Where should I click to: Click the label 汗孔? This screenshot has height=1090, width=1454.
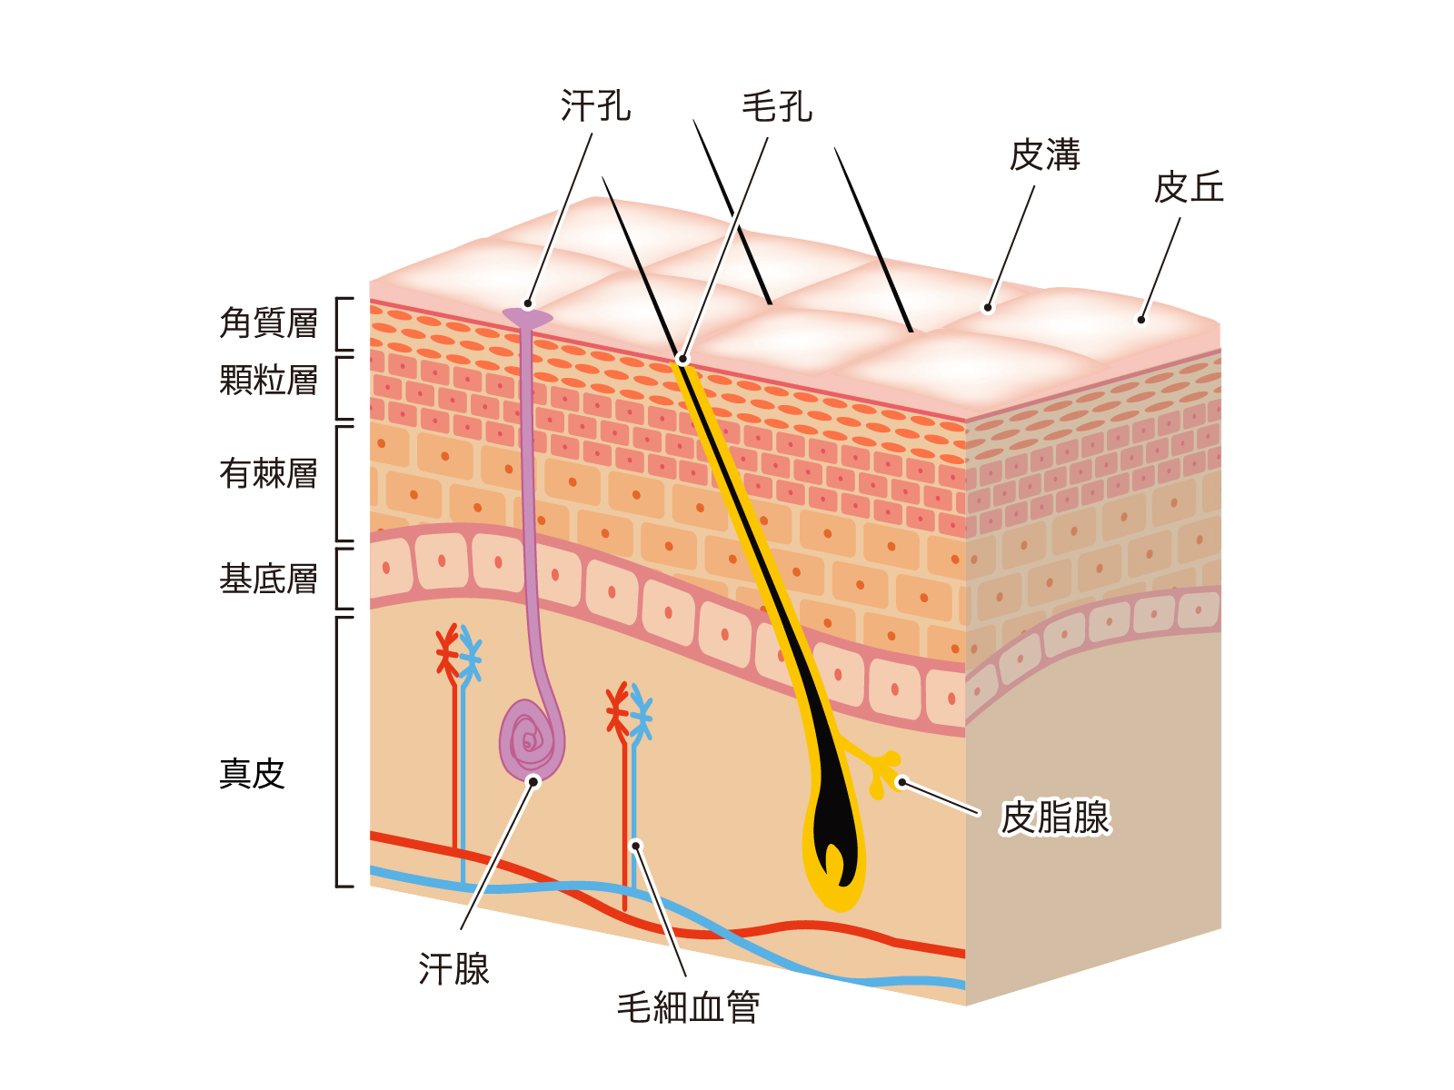[595, 106]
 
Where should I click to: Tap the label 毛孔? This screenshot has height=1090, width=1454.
[777, 107]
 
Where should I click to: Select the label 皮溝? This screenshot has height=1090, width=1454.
[1045, 155]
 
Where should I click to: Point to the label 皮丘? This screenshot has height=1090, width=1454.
[1189, 188]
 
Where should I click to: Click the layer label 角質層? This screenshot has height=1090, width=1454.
[268, 322]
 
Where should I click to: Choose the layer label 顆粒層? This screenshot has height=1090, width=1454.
[268, 380]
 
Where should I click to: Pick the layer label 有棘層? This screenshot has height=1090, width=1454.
[268, 473]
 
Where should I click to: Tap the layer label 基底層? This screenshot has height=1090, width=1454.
[268, 579]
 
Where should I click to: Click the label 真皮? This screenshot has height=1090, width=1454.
[252, 774]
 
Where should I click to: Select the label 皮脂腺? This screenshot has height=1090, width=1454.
[1055, 817]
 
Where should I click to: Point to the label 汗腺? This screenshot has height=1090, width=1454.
[453, 969]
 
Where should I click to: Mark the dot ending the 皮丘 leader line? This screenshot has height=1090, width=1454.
[1141, 320]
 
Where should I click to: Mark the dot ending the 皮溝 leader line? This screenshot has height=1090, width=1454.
[989, 308]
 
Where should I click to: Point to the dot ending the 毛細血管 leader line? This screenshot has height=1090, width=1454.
[636, 846]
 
